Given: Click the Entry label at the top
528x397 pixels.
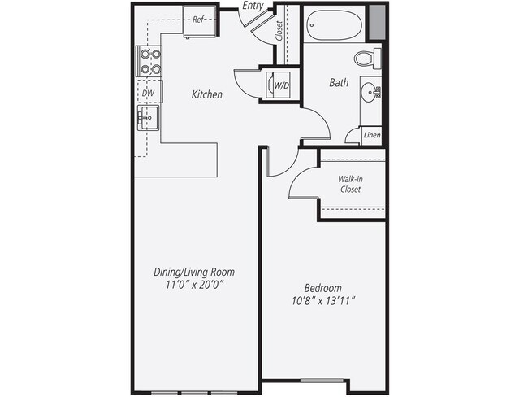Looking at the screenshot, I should pyautogui.click(x=253, y=7).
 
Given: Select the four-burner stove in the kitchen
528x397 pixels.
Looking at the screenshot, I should pyautogui.click(x=150, y=61).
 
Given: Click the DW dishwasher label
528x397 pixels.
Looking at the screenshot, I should pyautogui.click(x=149, y=94).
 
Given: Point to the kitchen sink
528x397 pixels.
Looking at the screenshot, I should pyautogui.click(x=149, y=119).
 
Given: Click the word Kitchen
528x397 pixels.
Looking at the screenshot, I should pyautogui.click(x=206, y=95).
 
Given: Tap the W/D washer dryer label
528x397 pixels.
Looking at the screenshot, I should pyautogui.click(x=282, y=84).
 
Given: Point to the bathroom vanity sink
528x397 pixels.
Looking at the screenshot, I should pyautogui.click(x=373, y=91).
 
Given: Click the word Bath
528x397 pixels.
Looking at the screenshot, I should pyautogui.click(x=339, y=83).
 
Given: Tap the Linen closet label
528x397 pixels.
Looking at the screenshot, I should pyautogui.click(x=372, y=135).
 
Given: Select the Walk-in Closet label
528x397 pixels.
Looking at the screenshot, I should pyautogui.click(x=350, y=184).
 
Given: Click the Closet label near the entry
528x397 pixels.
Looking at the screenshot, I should pyautogui.click(x=280, y=31).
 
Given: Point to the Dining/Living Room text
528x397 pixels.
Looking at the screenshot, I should pyautogui.click(x=194, y=272).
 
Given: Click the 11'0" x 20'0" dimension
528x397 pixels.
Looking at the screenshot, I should pyautogui.click(x=194, y=286).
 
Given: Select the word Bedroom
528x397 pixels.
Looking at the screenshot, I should pyautogui.click(x=322, y=288).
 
